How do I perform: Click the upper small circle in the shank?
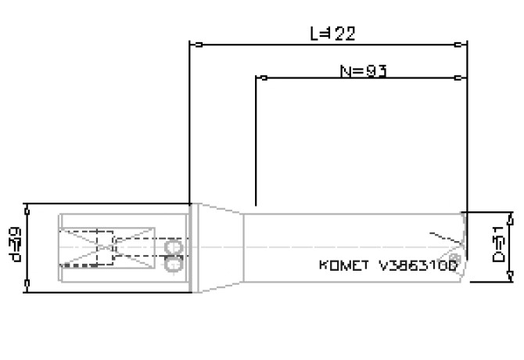(x=175, y=247)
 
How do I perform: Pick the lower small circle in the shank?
(x=175, y=264)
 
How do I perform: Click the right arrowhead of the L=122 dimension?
(x=462, y=44)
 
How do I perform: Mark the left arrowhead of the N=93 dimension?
(x=262, y=77)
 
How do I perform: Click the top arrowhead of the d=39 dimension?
(x=28, y=208)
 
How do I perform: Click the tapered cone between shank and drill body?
(x=220, y=246)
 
